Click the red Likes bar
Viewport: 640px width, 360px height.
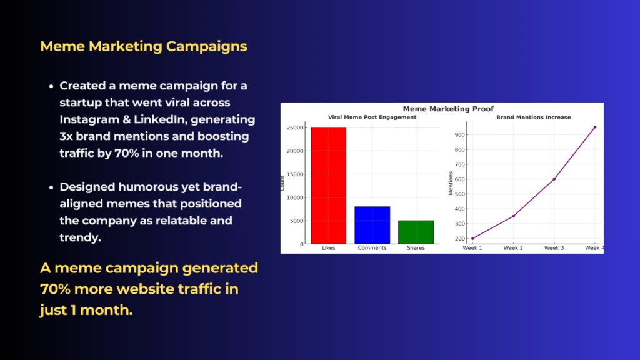click(329, 186)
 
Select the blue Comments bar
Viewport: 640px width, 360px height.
click(372, 225)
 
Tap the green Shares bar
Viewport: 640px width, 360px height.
click(416, 232)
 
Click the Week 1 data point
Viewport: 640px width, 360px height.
click(472, 239)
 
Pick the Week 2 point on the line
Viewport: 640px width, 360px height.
click(514, 216)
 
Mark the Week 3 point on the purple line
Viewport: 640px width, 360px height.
click(554, 179)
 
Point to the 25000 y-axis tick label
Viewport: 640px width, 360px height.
click(295, 127)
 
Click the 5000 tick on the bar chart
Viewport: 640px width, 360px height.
click(297, 221)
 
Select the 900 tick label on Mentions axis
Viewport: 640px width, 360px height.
click(460, 135)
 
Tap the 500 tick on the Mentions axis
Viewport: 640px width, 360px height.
click(460, 194)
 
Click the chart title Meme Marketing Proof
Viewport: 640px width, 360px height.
click(448, 109)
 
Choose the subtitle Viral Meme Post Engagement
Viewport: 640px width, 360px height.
click(372, 117)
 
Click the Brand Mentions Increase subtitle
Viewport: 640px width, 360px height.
click(534, 117)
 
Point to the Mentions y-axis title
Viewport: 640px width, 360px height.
click(451, 183)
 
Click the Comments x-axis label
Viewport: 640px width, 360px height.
click(372, 247)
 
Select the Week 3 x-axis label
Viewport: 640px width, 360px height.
click(554, 247)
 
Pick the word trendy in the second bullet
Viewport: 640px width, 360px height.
click(80, 237)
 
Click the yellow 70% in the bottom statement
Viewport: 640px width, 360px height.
click(56, 289)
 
